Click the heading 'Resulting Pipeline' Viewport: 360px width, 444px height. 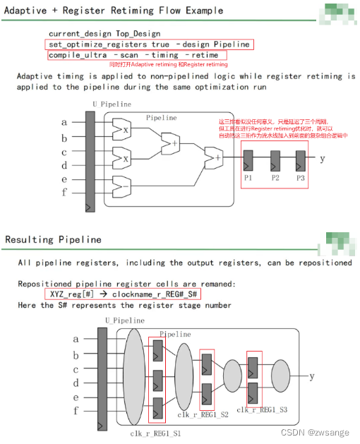click(x=53, y=240)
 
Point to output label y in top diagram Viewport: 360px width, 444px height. click(x=322, y=159)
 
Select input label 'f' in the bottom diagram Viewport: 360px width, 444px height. click(x=66, y=410)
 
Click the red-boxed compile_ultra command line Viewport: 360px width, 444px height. click(x=138, y=55)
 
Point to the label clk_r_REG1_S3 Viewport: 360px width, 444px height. click(x=263, y=409)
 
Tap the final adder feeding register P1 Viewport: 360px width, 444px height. click(x=212, y=158)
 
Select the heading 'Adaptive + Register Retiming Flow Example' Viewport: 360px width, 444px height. click(x=114, y=11)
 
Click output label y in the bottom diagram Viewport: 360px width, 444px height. click(x=311, y=376)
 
